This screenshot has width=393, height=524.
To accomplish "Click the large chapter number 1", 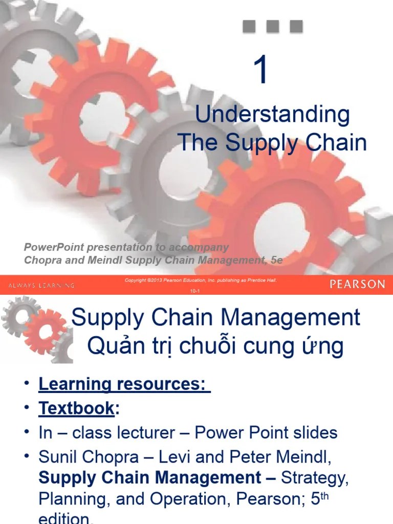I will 261,72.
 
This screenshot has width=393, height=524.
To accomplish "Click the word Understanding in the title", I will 272,115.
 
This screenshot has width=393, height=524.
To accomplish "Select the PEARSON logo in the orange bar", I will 357,284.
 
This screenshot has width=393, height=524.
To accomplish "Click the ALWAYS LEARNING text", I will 41,285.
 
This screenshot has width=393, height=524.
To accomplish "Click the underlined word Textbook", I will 76,408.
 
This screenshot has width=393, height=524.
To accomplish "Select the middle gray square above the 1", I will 273,26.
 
